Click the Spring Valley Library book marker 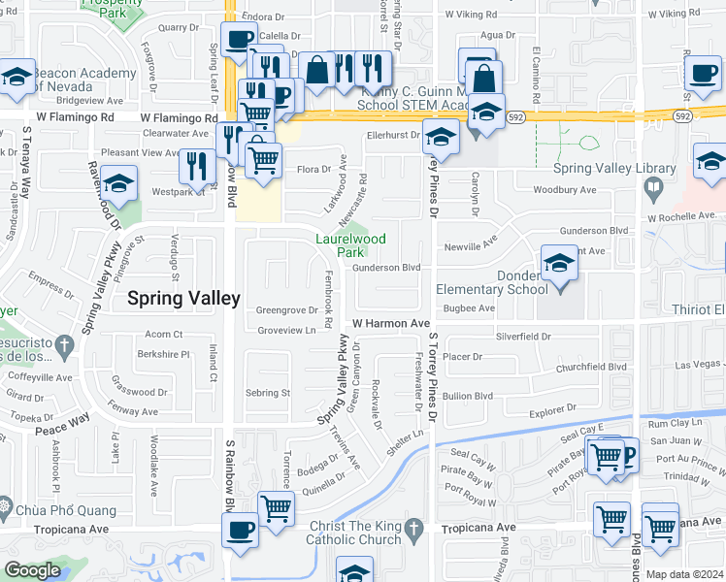656,187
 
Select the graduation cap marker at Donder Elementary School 558,265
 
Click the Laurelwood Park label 350,245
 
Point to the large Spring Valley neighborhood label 183,299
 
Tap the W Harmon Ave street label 390,323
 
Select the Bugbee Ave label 469,308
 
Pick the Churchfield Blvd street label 591,368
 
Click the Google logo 32,570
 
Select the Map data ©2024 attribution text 684,574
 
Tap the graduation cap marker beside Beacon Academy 16,81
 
